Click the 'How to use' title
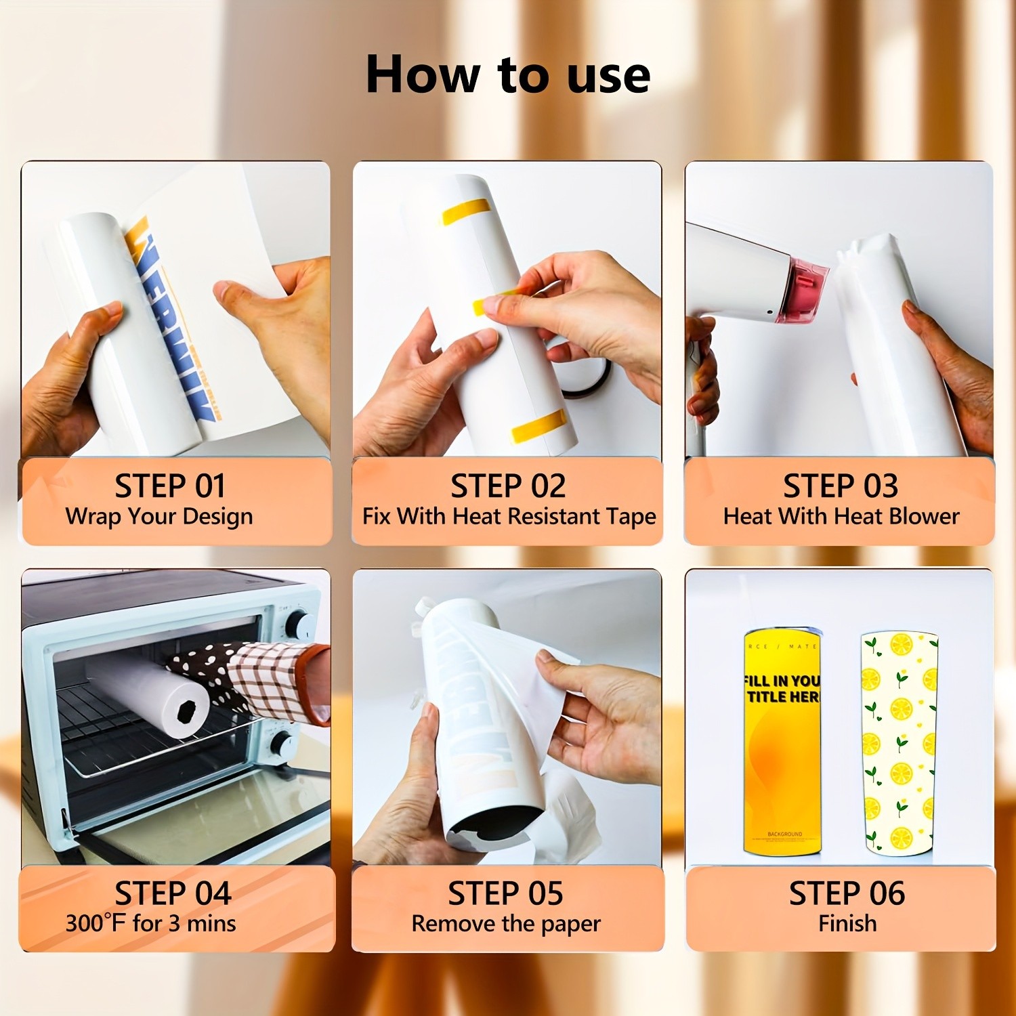(x=508, y=75)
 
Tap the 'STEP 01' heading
(x=169, y=486)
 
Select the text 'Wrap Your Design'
(x=159, y=516)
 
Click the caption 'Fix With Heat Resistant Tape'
(x=509, y=516)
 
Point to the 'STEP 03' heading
(x=841, y=486)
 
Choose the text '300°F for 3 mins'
(x=150, y=923)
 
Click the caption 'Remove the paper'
(x=506, y=923)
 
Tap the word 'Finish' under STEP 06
(x=847, y=923)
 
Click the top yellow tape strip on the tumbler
(x=466, y=211)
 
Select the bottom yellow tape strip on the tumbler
(x=539, y=425)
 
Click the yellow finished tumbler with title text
(x=782, y=742)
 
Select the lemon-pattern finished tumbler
(x=899, y=742)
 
